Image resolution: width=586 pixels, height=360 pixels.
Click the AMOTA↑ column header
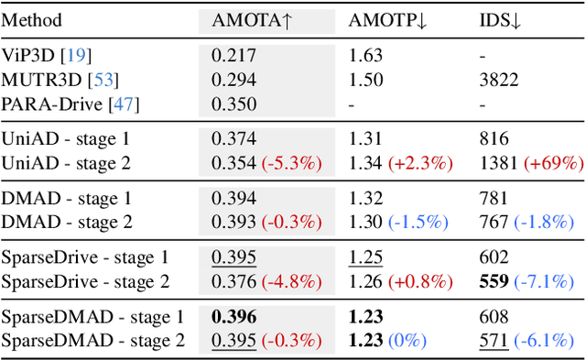point(252,20)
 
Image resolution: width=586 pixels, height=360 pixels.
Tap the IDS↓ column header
point(501,20)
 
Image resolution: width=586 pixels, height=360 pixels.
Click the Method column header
point(32,20)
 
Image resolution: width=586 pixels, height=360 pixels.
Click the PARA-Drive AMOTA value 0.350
point(233,104)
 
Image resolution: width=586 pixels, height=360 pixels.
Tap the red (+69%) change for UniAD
point(553,163)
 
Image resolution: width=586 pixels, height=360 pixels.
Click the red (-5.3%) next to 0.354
point(292,163)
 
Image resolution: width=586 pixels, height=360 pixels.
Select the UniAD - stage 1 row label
point(66,139)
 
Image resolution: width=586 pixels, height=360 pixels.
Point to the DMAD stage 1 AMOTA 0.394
point(233,199)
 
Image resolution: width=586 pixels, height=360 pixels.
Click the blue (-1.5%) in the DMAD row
point(418,223)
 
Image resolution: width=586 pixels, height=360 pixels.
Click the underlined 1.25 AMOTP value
point(365,258)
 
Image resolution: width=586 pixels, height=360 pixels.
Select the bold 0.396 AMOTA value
point(234,318)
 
